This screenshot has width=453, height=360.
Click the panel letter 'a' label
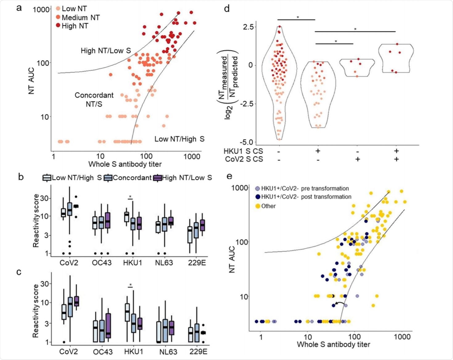point(19,8)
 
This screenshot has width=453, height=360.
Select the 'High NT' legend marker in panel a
point(58,26)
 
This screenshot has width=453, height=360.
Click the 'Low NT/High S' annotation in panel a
point(179,139)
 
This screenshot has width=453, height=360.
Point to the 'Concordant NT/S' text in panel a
point(94,99)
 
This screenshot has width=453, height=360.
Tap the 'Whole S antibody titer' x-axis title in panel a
point(125,164)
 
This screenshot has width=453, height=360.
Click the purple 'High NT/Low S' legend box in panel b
point(158,178)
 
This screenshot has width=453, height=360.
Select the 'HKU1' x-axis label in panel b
point(133,263)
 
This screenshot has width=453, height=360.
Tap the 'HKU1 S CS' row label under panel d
point(243,151)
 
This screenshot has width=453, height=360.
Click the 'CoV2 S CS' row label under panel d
point(243,159)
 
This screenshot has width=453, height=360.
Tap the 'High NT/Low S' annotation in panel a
point(105,51)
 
